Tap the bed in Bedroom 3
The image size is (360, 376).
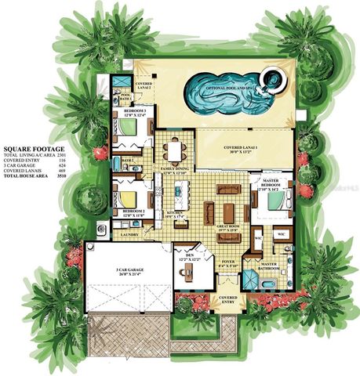point(127,127)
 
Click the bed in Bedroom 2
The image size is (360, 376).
point(127,196)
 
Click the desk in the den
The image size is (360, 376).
point(187,274)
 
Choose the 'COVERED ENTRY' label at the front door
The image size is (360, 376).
point(229,300)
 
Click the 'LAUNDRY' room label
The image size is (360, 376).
point(127,233)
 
